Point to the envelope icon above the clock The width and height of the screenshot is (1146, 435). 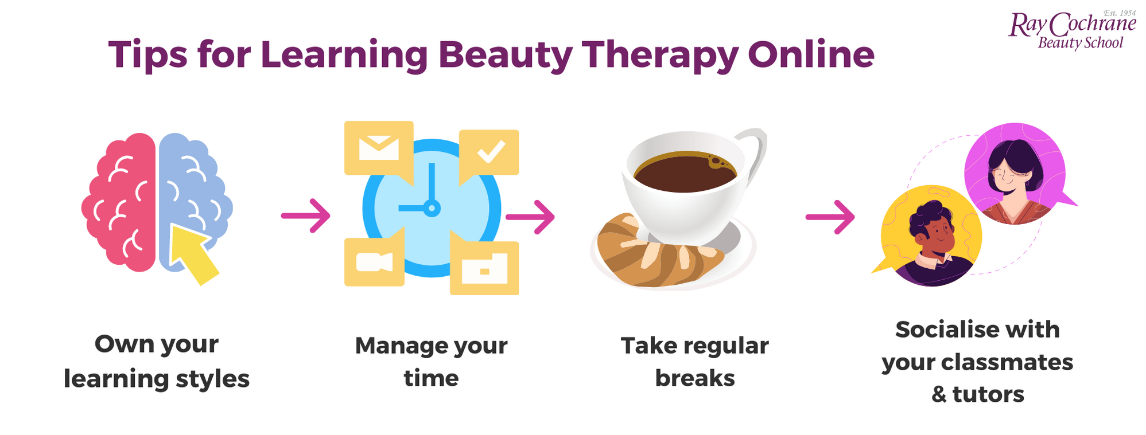point(378,147)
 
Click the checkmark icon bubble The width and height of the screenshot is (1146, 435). point(490,152)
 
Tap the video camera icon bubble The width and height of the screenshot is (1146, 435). point(374,262)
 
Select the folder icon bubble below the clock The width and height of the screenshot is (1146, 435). point(484,268)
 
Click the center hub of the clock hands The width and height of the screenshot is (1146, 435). point(432,208)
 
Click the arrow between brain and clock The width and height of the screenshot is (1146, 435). point(306,216)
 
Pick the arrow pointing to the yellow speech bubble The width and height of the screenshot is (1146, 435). point(830,217)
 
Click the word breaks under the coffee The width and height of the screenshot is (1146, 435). point(694,378)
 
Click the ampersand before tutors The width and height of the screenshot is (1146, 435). point(939,394)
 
